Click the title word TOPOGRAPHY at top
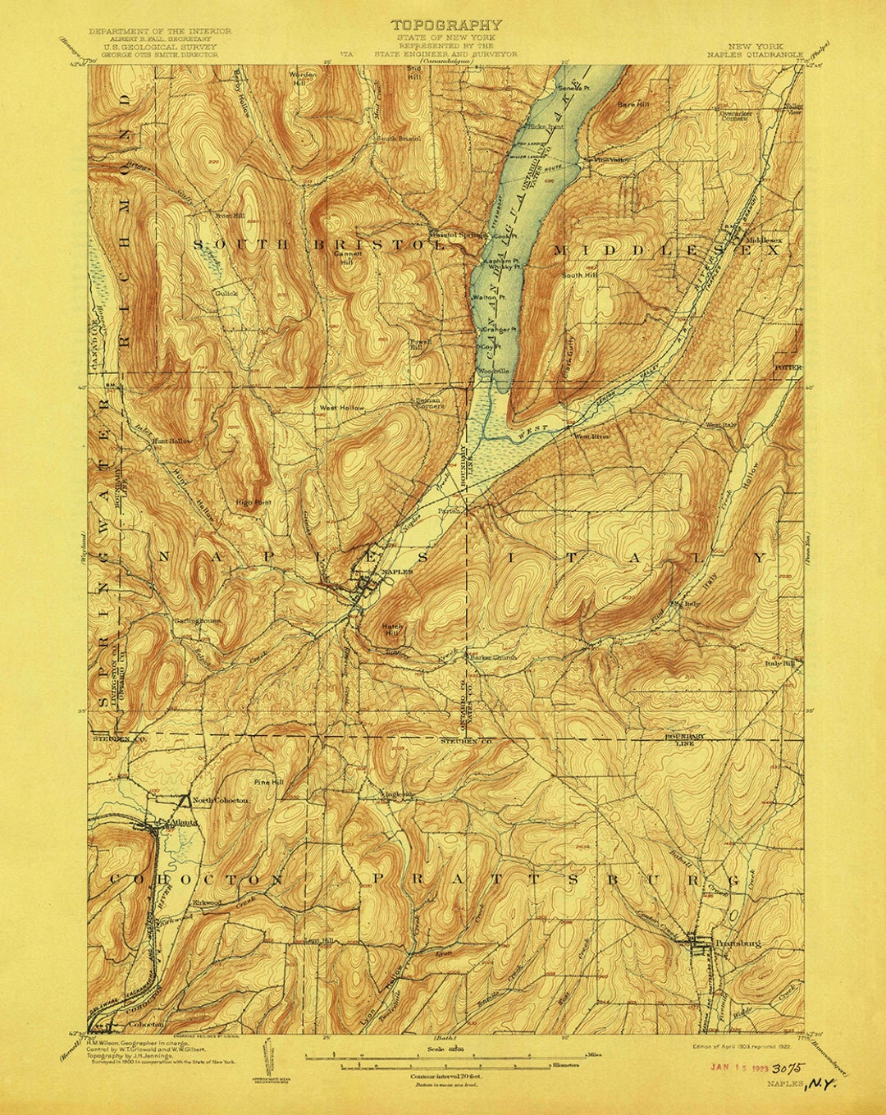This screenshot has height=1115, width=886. pos(445,25)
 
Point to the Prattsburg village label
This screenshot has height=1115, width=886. pos(738,944)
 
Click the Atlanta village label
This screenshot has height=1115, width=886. pos(183,821)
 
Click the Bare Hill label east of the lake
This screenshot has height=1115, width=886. pos(632,105)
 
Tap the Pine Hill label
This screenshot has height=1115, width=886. pos(268,782)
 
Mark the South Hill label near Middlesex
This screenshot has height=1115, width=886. pos(579,276)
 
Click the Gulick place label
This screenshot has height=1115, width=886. pos(226,292)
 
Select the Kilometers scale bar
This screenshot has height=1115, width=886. pos(443,1063)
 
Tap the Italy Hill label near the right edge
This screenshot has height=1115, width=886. pos(780,663)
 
